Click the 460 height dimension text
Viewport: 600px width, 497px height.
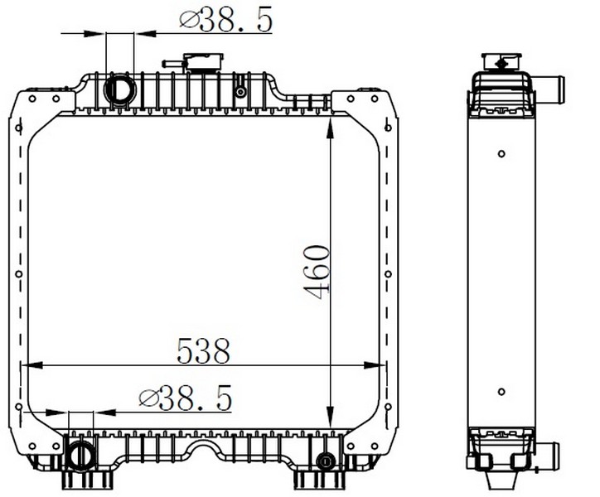point(316,272)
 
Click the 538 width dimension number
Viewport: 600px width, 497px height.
point(203,351)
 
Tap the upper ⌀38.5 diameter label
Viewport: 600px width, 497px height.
point(225,20)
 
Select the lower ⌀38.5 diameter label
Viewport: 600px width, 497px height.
point(186,398)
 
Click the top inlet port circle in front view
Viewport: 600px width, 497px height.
point(119,89)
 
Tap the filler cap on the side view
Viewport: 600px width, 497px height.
point(501,61)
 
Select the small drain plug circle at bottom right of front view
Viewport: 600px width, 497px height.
point(326,461)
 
